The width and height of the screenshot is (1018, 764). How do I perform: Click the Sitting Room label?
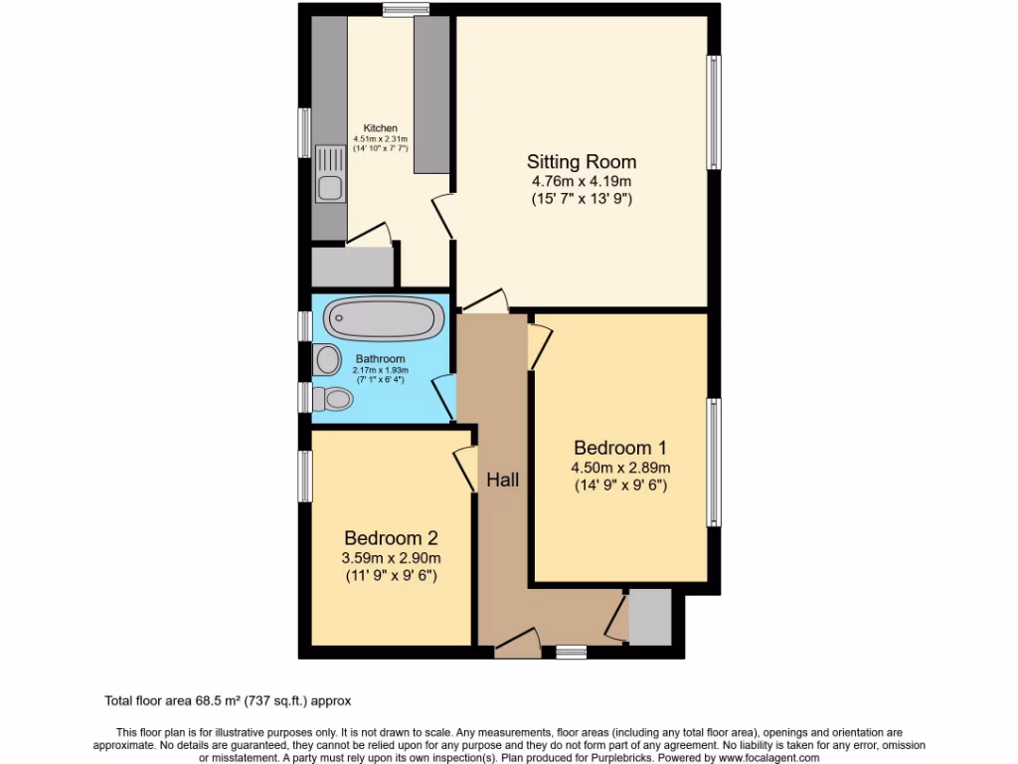582,162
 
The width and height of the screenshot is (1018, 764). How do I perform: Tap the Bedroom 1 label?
620,447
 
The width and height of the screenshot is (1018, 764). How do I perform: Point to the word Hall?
503,479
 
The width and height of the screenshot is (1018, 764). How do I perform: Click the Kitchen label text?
380,128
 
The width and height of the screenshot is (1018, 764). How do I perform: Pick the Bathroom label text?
380,359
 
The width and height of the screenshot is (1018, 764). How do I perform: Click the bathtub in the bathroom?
384,318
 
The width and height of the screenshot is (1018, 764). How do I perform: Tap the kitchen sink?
329,174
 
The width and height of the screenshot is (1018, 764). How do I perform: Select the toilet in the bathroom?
332,399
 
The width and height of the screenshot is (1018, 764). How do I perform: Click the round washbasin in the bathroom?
325,359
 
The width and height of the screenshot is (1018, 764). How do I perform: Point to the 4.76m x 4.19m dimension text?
582,181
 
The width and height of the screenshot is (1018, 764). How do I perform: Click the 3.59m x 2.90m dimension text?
391,557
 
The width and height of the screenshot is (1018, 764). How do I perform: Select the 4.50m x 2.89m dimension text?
620,468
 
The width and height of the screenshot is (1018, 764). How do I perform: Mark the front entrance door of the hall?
517,644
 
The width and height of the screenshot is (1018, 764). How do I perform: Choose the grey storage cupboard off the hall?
650,617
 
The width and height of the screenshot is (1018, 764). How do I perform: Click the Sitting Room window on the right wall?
713,111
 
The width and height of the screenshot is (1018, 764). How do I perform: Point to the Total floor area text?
228,701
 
